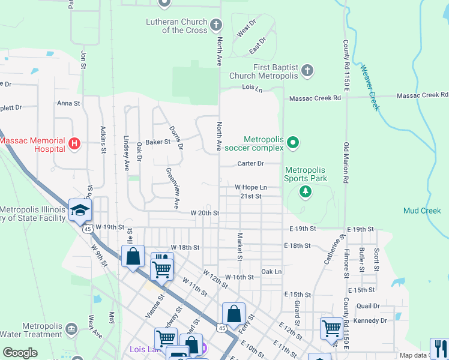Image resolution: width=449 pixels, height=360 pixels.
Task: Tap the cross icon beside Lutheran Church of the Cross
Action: click(x=216, y=25)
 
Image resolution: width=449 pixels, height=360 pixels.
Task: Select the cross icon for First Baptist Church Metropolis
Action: click(x=307, y=71)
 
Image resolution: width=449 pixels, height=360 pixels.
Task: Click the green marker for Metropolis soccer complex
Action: click(x=293, y=143)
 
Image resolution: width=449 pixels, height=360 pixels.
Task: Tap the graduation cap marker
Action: click(x=79, y=209)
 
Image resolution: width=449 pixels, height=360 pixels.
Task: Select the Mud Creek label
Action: click(x=422, y=211)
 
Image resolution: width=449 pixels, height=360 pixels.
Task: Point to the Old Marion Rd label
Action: click(x=346, y=163)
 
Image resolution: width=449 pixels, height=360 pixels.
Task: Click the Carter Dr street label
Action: click(x=251, y=163)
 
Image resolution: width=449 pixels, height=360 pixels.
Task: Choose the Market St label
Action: click(x=239, y=247)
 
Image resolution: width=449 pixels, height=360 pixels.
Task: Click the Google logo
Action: click(x=20, y=352)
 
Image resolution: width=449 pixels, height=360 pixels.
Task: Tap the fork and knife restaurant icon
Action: click(x=439, y=348)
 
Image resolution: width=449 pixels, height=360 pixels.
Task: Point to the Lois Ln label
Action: click(x=252, y=88)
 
